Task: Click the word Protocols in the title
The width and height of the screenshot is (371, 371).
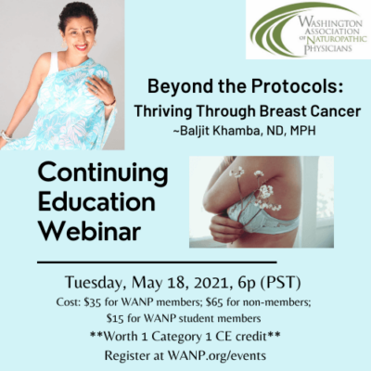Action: [x=297, y=87]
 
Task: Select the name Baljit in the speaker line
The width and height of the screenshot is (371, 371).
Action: [x=194, y=131]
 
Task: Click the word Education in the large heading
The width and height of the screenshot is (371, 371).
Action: [x=96, y=201]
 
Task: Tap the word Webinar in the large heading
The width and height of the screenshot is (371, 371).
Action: [x=89, y=230]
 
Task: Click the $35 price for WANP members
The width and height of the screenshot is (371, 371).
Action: [x=93, y=302]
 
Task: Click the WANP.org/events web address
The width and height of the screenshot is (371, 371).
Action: [x=217, y=355]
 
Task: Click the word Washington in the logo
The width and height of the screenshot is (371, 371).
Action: [x=330, y=22]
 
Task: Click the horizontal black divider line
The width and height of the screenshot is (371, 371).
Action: [x=157, y=262]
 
